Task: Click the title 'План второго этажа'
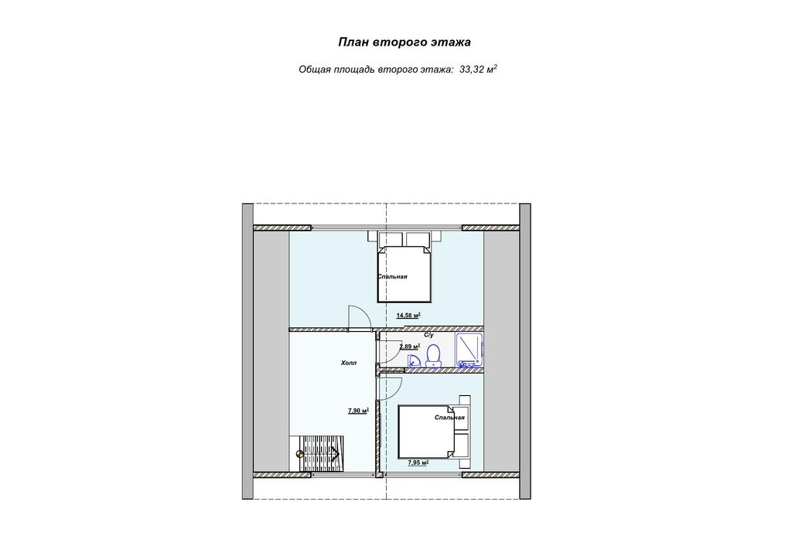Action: point(404,42)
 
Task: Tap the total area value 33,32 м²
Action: point(478,69)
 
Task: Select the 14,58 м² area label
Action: point(408,316)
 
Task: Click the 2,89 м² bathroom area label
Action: point(410,347)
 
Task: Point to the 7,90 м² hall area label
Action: point(358,411)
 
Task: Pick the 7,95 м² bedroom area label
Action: point(418,462)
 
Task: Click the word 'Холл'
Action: point(349,363)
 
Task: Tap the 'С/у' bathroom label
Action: point(428,335)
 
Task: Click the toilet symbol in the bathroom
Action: point(433,356)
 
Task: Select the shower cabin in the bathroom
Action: point(469,350)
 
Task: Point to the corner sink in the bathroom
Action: point(415,360)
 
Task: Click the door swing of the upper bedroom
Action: point(359,317)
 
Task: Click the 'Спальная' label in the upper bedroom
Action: point(392,277)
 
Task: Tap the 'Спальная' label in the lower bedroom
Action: point(449,418)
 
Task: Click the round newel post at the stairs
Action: point(300,453)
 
